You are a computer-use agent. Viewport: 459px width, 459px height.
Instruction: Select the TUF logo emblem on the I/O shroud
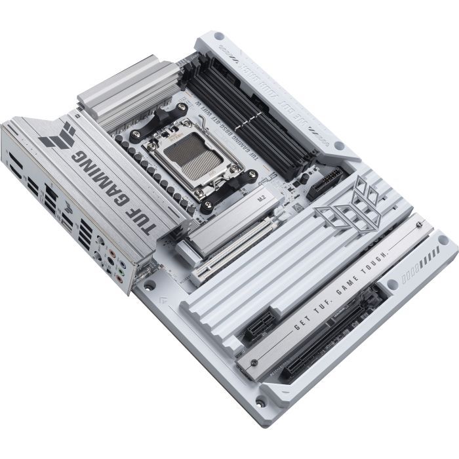point(59,134)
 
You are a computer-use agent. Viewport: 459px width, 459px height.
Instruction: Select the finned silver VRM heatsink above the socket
point(121,97)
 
